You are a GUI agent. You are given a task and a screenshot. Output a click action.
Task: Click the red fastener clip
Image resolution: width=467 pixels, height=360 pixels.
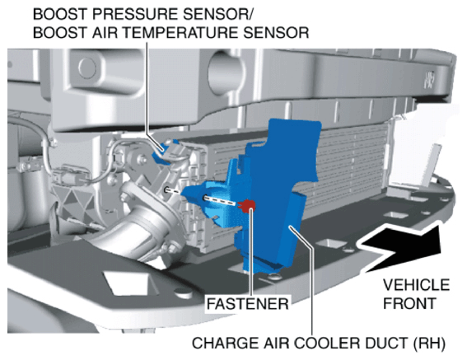[246, 205]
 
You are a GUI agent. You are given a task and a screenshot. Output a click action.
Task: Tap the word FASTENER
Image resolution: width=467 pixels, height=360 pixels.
[247, 304]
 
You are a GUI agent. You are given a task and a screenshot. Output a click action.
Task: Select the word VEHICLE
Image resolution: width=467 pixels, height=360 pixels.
[416, 285]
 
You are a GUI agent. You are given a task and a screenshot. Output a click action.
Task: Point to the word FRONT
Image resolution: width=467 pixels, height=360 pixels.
[409, 303]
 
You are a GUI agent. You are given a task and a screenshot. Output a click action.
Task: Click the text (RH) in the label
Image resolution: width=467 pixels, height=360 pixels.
[429, 344]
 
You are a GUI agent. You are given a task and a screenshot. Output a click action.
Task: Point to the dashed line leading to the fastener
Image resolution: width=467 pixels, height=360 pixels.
[221, 200]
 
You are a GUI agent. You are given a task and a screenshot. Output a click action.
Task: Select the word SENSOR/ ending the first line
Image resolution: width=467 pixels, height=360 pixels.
[217, 14]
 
